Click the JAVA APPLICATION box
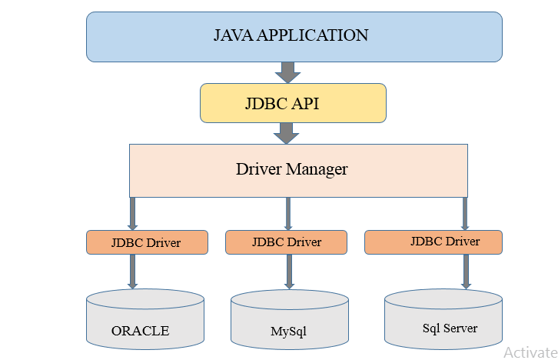pyautogui.click(x=294, y=36)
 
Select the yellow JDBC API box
pyautogui.click(x=292, y=103)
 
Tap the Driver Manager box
pyautogui.click(x=298, y=169)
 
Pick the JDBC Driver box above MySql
pyautogui.click(x=286, y=242)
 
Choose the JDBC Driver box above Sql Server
pyautogui.click(x=433, y=242)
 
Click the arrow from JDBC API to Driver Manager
pyautogui.click(x=287, y=133)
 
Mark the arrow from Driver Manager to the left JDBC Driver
pyautogui.click(x=133, y=213)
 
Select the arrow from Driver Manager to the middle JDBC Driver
pyautogui.click(x=288, y=213)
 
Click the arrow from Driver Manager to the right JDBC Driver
pyautogui.click(x=465, y=213)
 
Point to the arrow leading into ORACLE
pyautogui.click(x=133, y=271)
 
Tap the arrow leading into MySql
pyautogui.click(x=289, y=271)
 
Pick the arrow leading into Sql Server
pyautogui.click(x=466, y=271)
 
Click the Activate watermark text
pyautogui.click(x=530, y=352)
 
